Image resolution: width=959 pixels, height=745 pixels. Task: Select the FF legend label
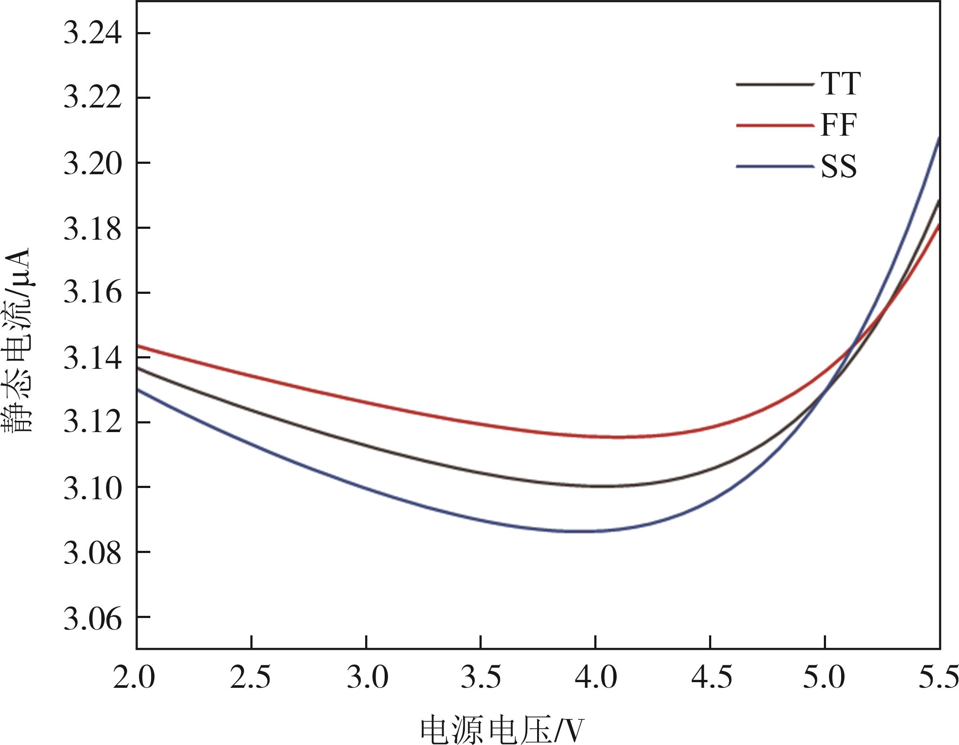pos(838,125)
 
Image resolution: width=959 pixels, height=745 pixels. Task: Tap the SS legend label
pos(839,166)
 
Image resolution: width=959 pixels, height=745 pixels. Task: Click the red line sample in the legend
pos(774,126)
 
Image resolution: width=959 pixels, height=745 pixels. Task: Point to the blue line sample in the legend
pos(774,166)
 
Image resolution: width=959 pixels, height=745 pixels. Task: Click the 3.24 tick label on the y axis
pos(92,33)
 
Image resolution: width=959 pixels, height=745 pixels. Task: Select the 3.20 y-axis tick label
pos(92,163)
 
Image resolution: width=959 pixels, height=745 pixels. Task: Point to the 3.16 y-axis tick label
pos(92,293)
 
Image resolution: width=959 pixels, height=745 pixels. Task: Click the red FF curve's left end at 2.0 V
pos(138,346)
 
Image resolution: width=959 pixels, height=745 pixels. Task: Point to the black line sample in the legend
pos(774,85)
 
